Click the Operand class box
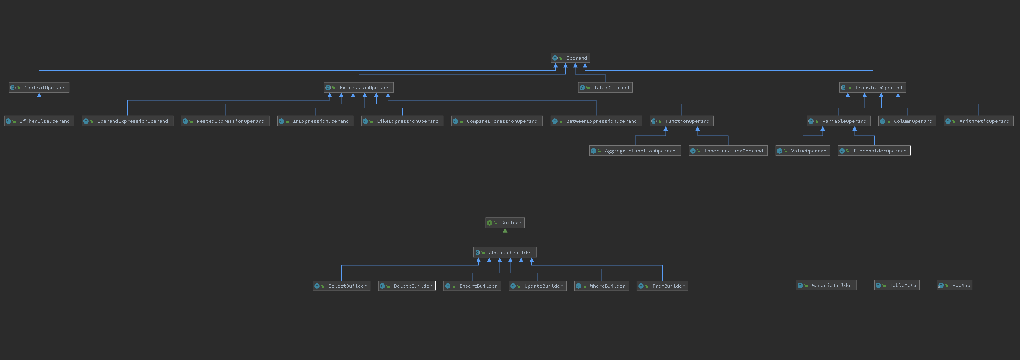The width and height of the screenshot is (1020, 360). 570,58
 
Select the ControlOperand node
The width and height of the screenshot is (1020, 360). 39,88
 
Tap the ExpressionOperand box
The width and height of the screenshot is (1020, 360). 359,88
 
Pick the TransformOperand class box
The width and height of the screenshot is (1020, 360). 873,88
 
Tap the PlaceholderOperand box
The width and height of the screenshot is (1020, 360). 874,151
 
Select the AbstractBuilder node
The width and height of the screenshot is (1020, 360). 505,252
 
